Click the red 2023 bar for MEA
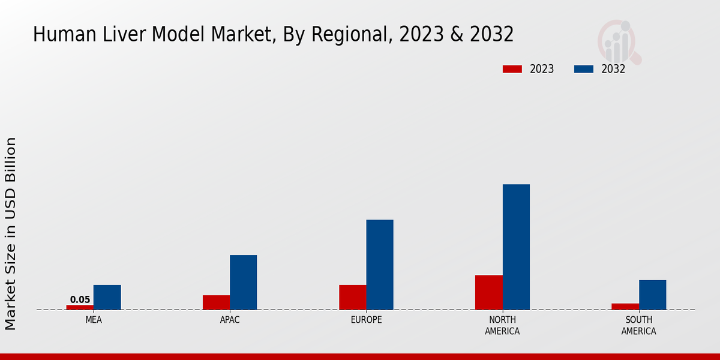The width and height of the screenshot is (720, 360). point(80,307)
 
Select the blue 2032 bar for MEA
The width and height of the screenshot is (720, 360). point(107,298)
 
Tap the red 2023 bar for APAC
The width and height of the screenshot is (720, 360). point(216,302)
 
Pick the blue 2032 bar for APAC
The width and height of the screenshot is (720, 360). point(243,283)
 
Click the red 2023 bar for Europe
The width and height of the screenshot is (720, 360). point(353,298)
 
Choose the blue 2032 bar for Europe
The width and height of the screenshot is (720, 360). point(380,265)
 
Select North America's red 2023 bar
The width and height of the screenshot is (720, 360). point(489,292)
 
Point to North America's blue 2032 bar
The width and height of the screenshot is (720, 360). point(516,247)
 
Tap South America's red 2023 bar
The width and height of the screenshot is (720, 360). point(625,307)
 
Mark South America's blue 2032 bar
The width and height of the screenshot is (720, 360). point(652,295)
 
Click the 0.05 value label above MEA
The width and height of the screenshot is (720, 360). point(80,300)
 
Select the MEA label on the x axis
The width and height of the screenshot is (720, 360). point(94,320)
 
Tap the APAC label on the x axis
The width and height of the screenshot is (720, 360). point(230,320)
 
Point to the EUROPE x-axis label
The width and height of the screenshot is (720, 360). point(366,320)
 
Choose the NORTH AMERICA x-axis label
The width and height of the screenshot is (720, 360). point(503,326)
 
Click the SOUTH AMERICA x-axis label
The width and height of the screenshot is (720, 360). point(638,326)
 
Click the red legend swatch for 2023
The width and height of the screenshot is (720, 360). point(512,69)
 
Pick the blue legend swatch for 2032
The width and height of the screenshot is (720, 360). point(584,69)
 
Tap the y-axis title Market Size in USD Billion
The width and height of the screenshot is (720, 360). point(11,234)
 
